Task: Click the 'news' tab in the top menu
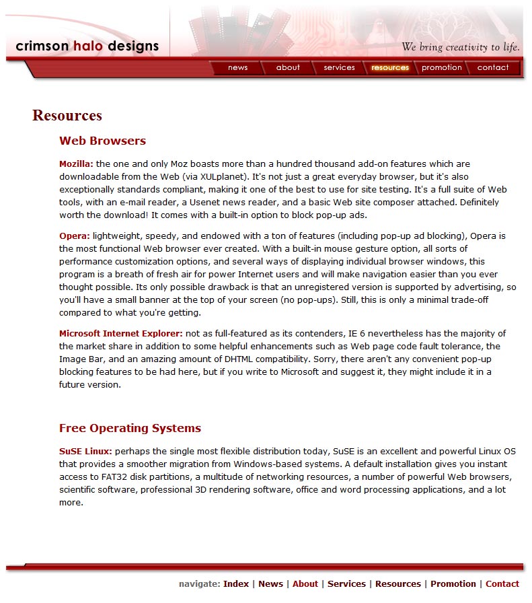pyautogui.click(x=237, y=67)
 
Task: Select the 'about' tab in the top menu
pyautogui.click(x=288, y=67)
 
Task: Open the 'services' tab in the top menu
pyautogui.click(x=339, y=67)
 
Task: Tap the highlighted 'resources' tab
pyautogui.click(x=390, y=67)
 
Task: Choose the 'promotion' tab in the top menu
pyautogui.click(x=442, y=67)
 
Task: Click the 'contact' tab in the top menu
pyautogui.click(x=493, y=67)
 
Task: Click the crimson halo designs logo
pyautogui.click(x=87, y=46)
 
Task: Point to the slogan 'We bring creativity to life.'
pyautogui.click(x=461, y=47)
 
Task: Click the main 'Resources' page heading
pyautogui.click(x=67, y=115)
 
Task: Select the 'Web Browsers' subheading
pyautogui.click(x=102, y=141)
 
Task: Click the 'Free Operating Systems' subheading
pyautogui.click(x=130, y=428)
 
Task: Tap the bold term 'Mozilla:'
pyautogui.click(x=76, y=164)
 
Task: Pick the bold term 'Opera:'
pyautogui.click(x=74, y=236)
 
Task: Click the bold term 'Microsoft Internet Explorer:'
pyautogui.click(x=120, y=333)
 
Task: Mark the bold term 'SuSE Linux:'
pyautogui.click(x=85, y=452)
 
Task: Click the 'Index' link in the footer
pyautogui.click(x=236, y=584)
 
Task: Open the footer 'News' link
pyautogui.click(x=270, y=584)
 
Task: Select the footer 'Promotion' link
pyautogui.click(x=453, y=584)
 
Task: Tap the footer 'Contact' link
pyautogui.click(x=502, y=584)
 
